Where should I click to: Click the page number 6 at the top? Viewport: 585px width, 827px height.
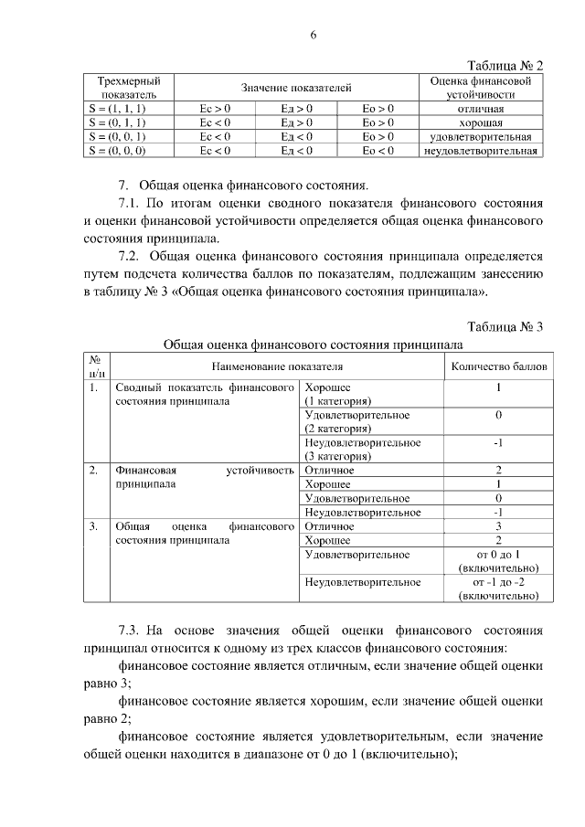pyautogui.click(x=313, y=36)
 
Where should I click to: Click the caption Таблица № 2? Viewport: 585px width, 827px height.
pyautogui.click(x=505, y=66)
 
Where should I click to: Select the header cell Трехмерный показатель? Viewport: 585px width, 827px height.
pyautogui.click(x=122, y=87)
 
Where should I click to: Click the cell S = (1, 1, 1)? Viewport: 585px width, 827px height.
pyautogui.click(x=122, y=108)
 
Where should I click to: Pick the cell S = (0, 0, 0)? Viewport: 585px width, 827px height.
pyautogui.click(x=122, y=150)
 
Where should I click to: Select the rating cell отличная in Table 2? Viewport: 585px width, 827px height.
pyautogui.click(x=482, y=108)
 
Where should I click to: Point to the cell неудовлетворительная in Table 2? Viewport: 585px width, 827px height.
pyautogui.click(x=482, y=150)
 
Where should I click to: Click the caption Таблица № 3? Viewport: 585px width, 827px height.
pyautogui.click(x=505, y=327)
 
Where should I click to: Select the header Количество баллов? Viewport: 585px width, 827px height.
pyautogui.click(x=498, y=366)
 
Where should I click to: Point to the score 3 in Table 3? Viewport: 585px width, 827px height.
pyautogui.click(x=498, y=526)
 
